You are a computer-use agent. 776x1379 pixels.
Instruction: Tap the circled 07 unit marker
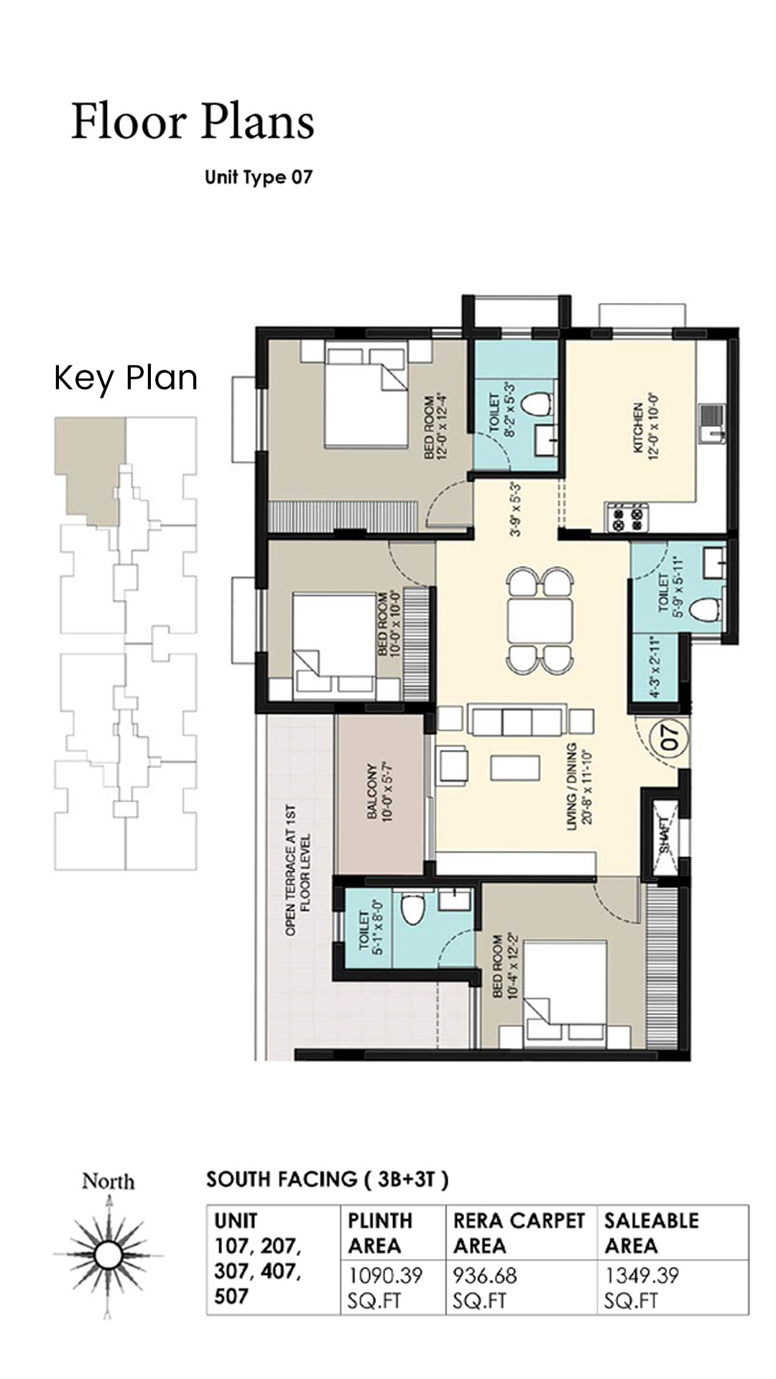point(670,738)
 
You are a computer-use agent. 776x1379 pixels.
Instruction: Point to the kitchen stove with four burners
point(628,518)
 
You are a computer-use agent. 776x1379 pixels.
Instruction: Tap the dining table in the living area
point(540,621)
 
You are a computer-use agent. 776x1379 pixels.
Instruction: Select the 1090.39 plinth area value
point(385,1276)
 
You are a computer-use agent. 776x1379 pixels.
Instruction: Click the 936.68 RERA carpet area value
point(485,1276)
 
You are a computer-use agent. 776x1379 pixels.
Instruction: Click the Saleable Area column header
point(651,1232)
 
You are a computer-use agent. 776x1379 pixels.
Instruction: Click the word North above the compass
point(108,1181)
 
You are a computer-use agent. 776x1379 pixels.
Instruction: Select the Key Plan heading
point(126,378)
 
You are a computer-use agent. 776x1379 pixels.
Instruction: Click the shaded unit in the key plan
point(90,463)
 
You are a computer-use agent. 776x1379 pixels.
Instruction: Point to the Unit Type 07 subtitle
point(259,177)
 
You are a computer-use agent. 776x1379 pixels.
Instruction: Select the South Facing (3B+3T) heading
point(327,1179)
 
